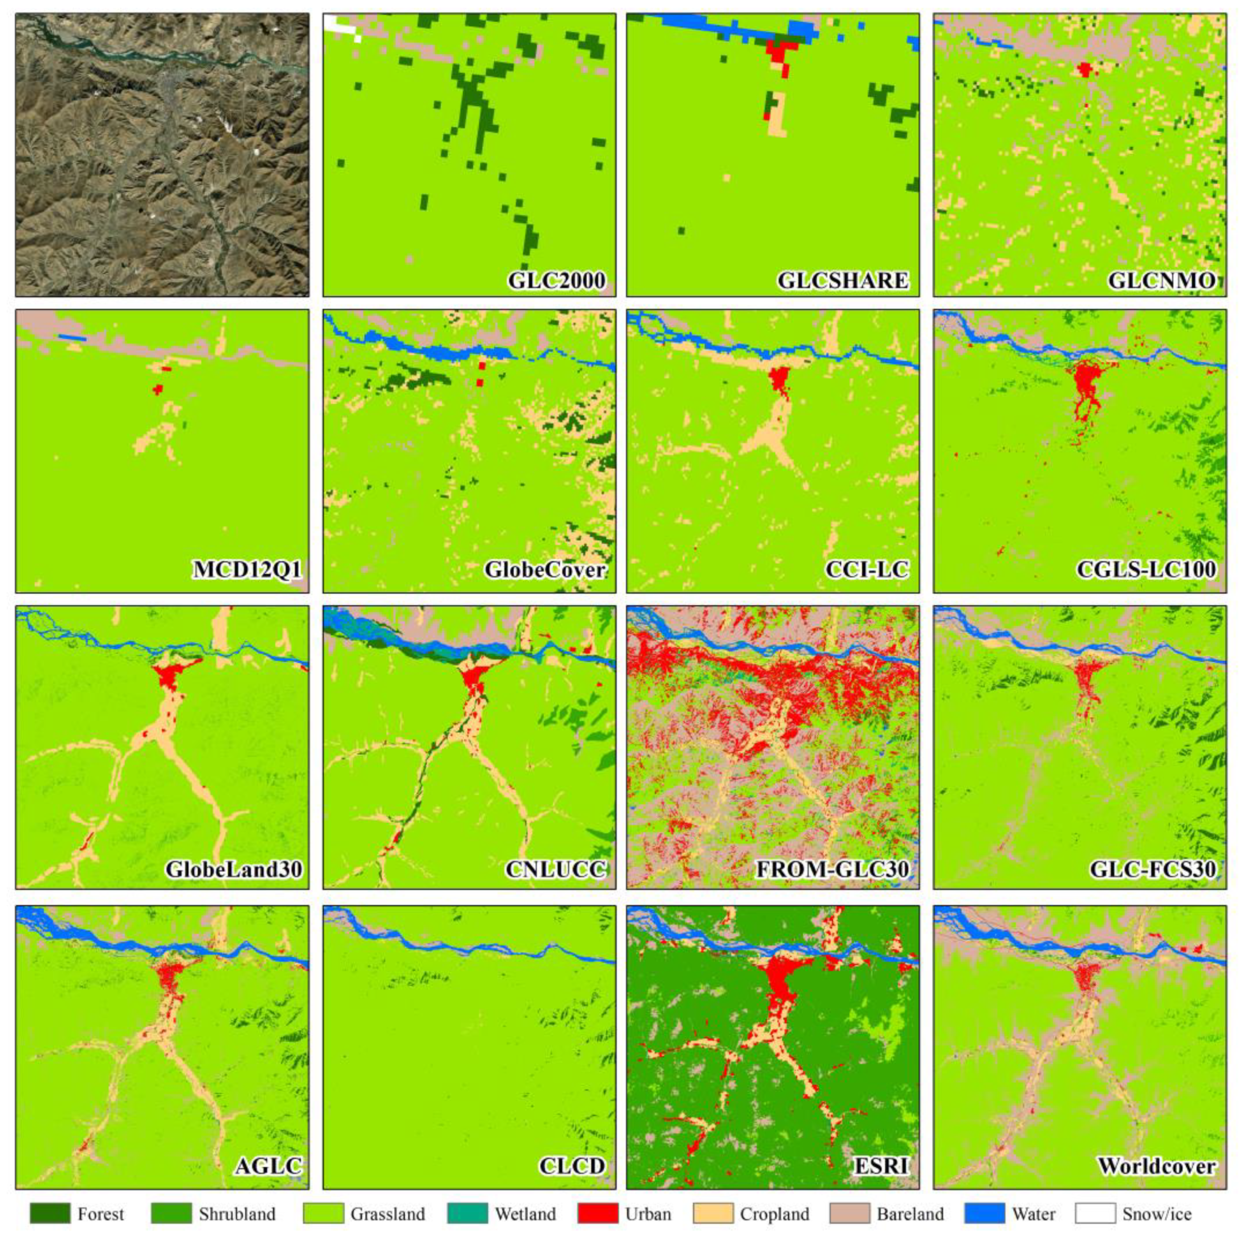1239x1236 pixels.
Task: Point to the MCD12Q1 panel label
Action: click(x=247, y=569)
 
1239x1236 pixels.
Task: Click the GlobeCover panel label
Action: click(x=545, y=569)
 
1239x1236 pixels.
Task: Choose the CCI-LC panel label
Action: click(x=867, y=569)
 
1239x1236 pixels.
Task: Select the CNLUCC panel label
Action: click(x=556, y=869)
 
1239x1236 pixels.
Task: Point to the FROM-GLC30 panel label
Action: click(x=832, y=869)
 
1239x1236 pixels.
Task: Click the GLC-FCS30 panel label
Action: click(x=1152, y=869)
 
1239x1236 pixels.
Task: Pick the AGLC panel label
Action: click(x=268, y=1166)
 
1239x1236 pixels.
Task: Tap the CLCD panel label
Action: click(x=572, y=1166)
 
